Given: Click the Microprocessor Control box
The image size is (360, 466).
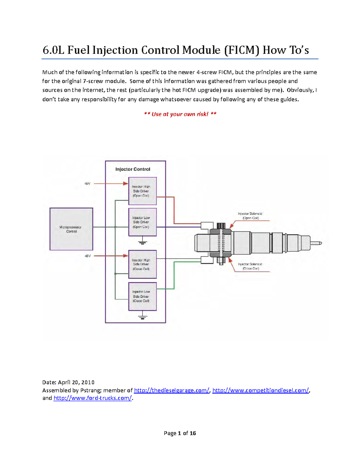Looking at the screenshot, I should (71, 229).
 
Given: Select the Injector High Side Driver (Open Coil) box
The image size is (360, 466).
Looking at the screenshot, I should (142, 191).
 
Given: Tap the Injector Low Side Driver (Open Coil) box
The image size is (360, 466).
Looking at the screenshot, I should (142, 222).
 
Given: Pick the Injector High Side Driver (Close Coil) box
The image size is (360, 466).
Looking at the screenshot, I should (142, 264).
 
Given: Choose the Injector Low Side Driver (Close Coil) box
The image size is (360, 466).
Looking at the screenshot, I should (142, 296).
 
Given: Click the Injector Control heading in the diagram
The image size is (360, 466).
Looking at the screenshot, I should (133, 169).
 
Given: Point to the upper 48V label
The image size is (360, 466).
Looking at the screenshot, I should (87, 184).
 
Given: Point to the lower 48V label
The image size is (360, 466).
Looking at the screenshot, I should (87, 256).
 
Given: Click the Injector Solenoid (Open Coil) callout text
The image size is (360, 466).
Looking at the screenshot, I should (250, 216).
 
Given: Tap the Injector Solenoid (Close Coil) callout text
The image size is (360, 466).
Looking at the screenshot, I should (250, 266).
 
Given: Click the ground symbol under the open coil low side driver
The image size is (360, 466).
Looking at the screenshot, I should (142, 241).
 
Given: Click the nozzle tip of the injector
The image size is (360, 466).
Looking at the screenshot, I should (316, 243).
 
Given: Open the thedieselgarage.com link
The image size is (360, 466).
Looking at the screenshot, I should (172, 390).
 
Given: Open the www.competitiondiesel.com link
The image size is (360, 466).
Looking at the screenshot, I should (260, 390).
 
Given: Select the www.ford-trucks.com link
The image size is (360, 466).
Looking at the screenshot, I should (92, 398).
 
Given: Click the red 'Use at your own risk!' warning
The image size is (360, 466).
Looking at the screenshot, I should (180, 114).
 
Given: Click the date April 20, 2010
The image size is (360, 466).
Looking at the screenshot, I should (76, 382).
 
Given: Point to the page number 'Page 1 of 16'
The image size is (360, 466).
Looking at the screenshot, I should (180, 433).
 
